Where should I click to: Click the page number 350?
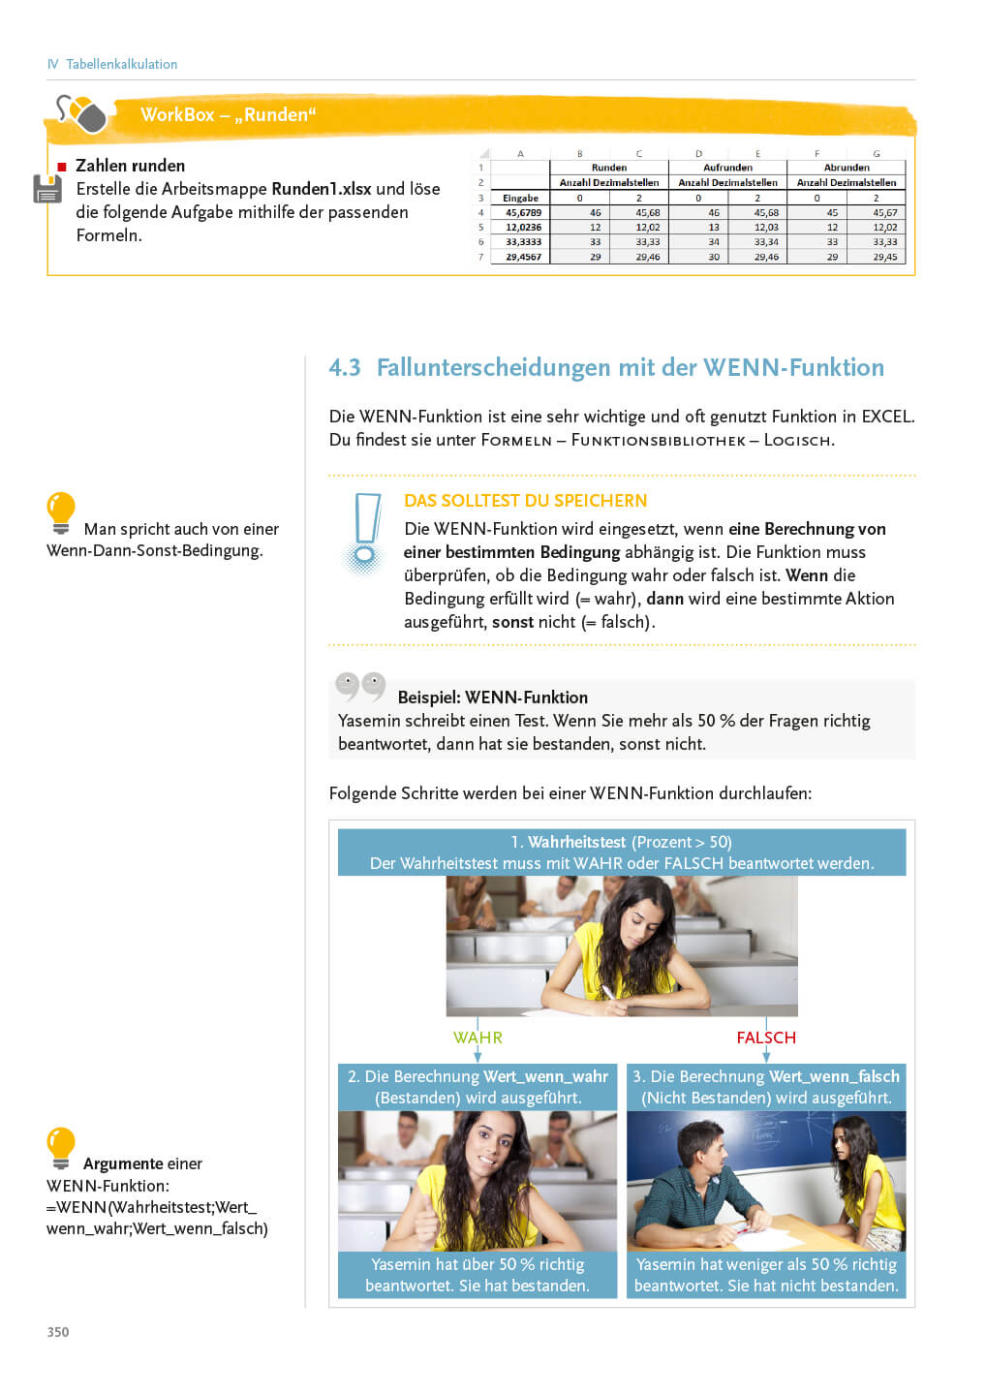click(58, 1332)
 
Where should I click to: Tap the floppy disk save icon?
click(47, 189)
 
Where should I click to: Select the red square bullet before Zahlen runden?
click(62, 167)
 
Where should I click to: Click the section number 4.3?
click(345, 367)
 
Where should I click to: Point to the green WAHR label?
click(478, 1038)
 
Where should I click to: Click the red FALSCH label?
click(766, 1038)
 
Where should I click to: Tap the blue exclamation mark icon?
click(366, 532)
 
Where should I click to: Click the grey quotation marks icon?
click(360, 686)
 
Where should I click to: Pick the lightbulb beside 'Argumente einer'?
click(61, 1147)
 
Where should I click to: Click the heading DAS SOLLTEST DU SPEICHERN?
click(525, 501)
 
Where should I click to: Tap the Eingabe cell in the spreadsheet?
click(521, 198)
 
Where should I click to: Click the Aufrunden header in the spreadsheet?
click(727, 168)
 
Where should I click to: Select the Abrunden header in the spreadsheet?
click(847, 168)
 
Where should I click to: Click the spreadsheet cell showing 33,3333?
click(523, 242)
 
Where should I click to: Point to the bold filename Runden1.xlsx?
click(322, 189)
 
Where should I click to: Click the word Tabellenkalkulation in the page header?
click(122, 64)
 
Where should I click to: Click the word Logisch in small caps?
click(798, 440)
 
